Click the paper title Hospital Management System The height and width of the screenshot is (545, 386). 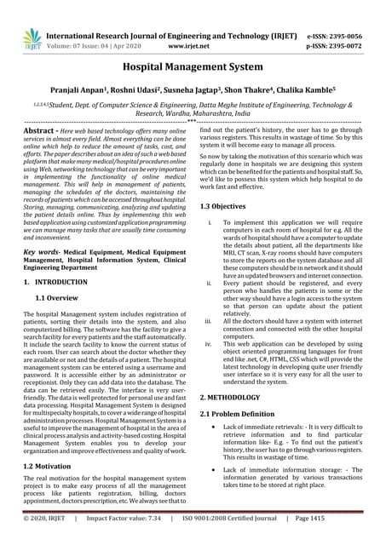[193, 65]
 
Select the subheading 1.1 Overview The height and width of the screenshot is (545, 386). [62, 297]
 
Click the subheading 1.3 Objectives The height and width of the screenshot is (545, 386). [228, 207]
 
